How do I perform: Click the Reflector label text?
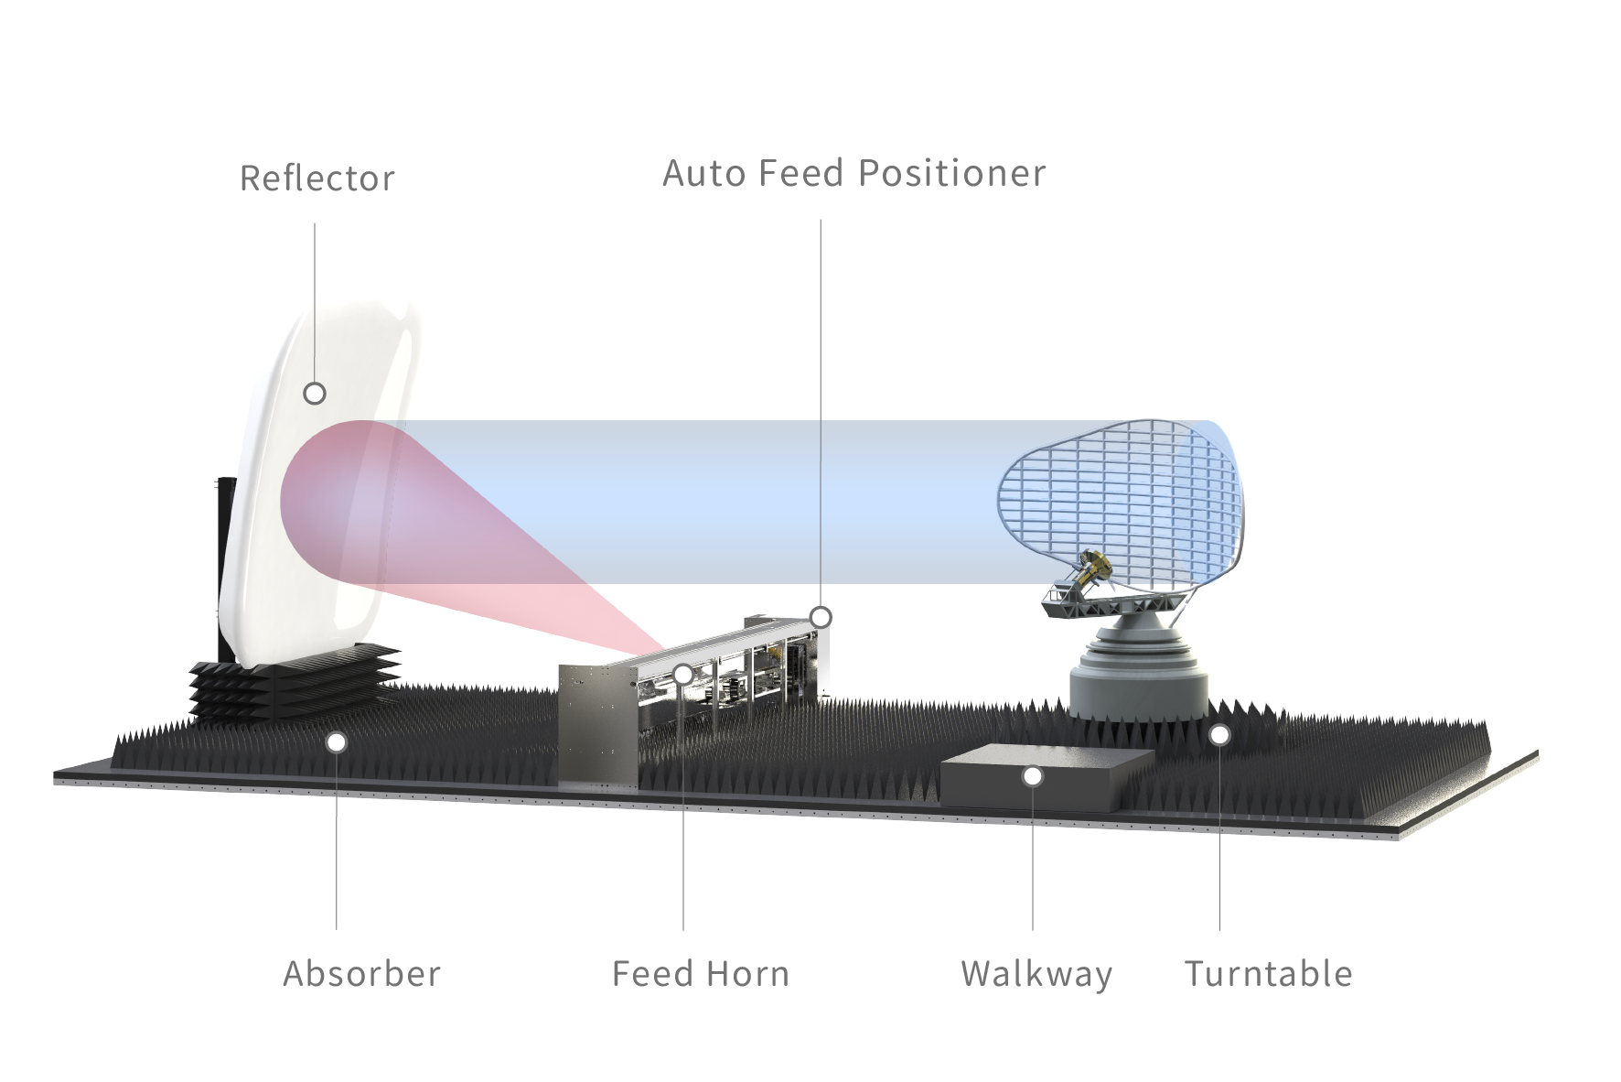317,178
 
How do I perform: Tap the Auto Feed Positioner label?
853,173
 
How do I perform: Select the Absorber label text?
361,973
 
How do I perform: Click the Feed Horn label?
700,973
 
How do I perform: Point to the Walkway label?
1036,973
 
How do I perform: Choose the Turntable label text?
1268,973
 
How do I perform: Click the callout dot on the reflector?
315,394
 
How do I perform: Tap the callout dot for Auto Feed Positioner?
821,617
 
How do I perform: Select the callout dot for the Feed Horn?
683,675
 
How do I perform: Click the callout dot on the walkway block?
1033,776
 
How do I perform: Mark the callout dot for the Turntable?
1219,734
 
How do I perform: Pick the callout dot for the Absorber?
337,741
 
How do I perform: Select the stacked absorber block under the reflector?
293,682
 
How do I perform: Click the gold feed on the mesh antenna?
1089,568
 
